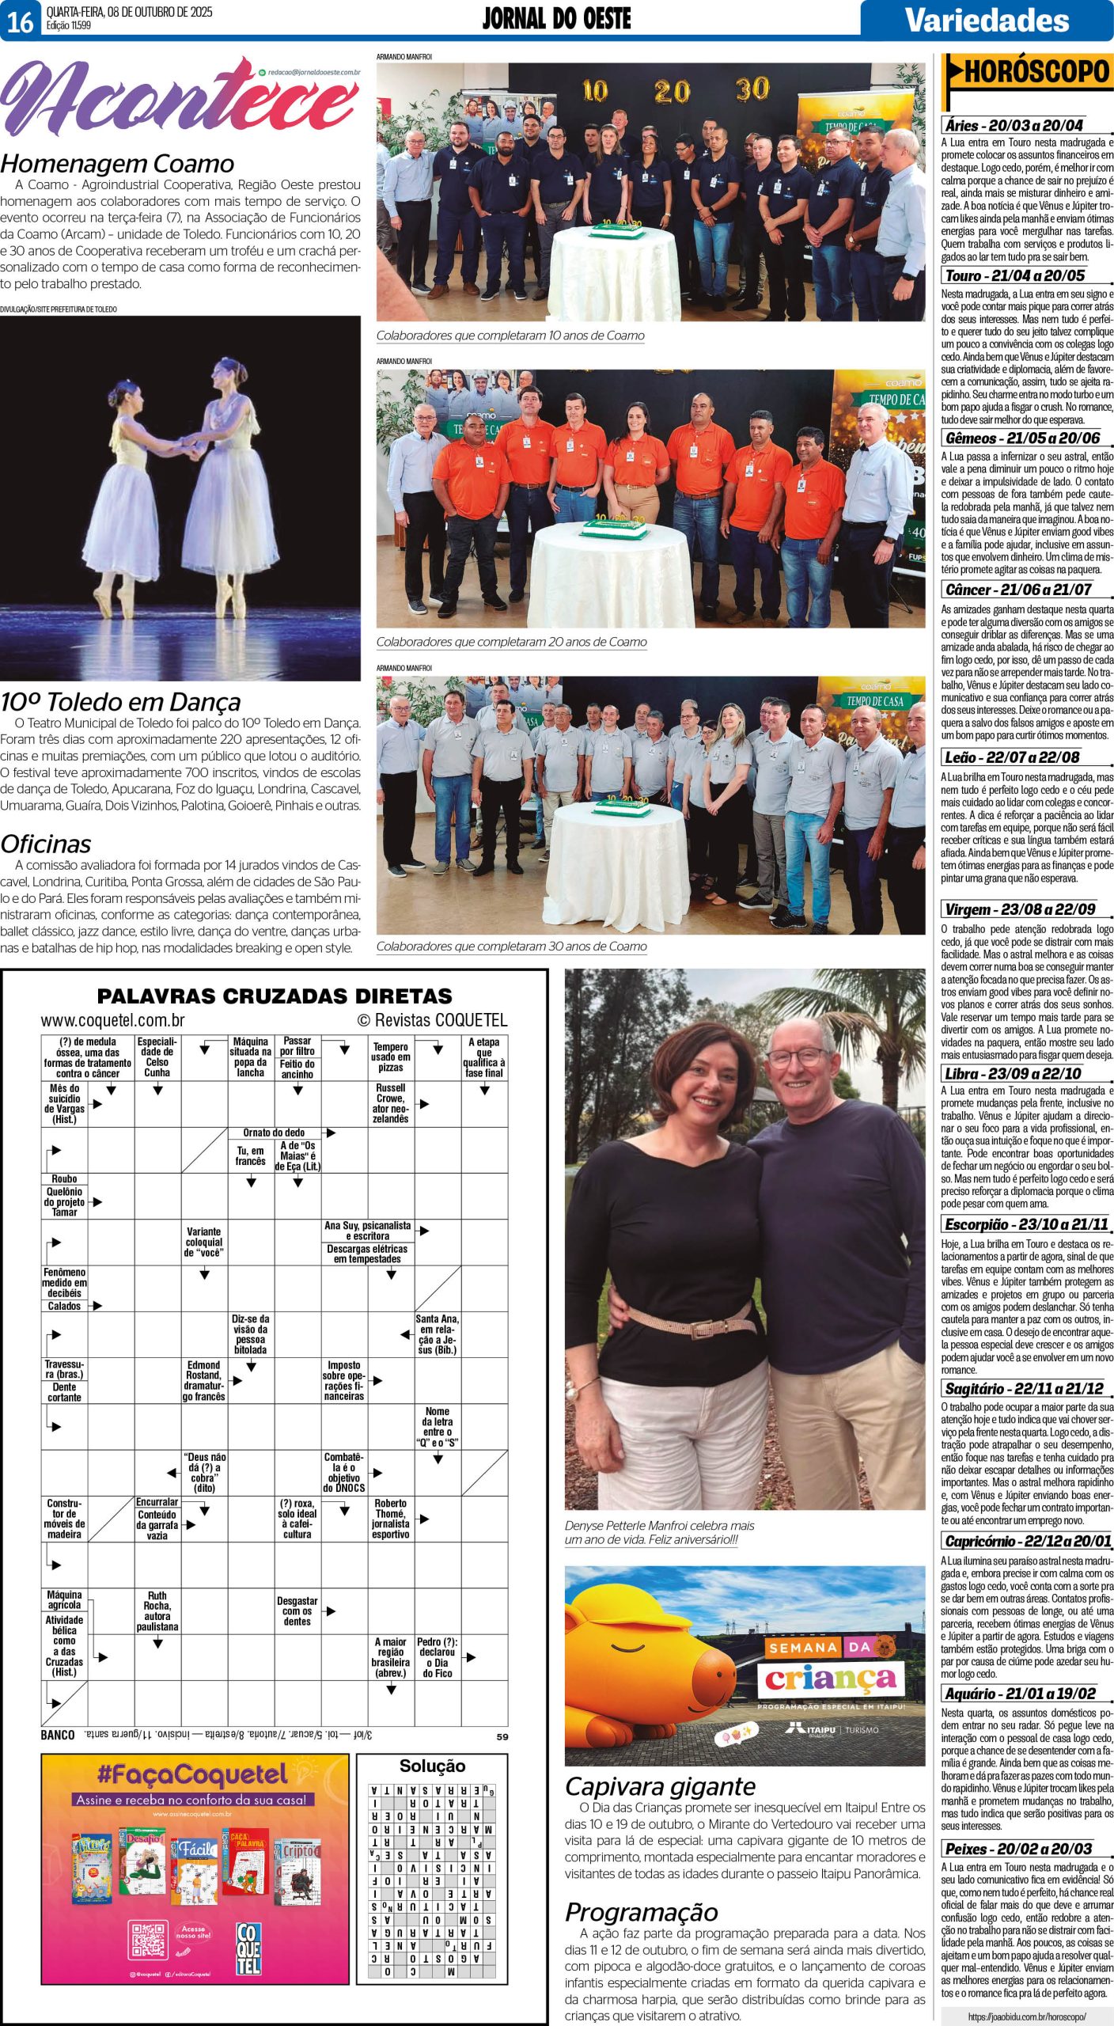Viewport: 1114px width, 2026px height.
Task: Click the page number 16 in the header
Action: tap(20, 21)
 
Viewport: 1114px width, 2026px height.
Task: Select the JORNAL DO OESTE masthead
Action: tap(556, 19)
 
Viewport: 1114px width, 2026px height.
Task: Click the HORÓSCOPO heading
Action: tap(1037, 73)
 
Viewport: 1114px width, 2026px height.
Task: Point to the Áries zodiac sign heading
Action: tap(1014, 125)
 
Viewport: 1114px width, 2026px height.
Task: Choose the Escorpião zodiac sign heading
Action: tap(1026, 1224)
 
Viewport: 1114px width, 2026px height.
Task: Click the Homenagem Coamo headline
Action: tap(117, 163)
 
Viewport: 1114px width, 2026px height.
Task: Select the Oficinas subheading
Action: tap(46, 844)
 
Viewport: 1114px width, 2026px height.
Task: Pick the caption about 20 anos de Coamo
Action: tap(511, 642)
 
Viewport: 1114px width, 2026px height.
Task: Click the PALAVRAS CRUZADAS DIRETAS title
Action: tap(275, 996)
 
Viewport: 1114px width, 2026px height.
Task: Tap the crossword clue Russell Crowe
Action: tap(391, 1103)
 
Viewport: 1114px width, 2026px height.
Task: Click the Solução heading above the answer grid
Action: tap(432, 1766)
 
